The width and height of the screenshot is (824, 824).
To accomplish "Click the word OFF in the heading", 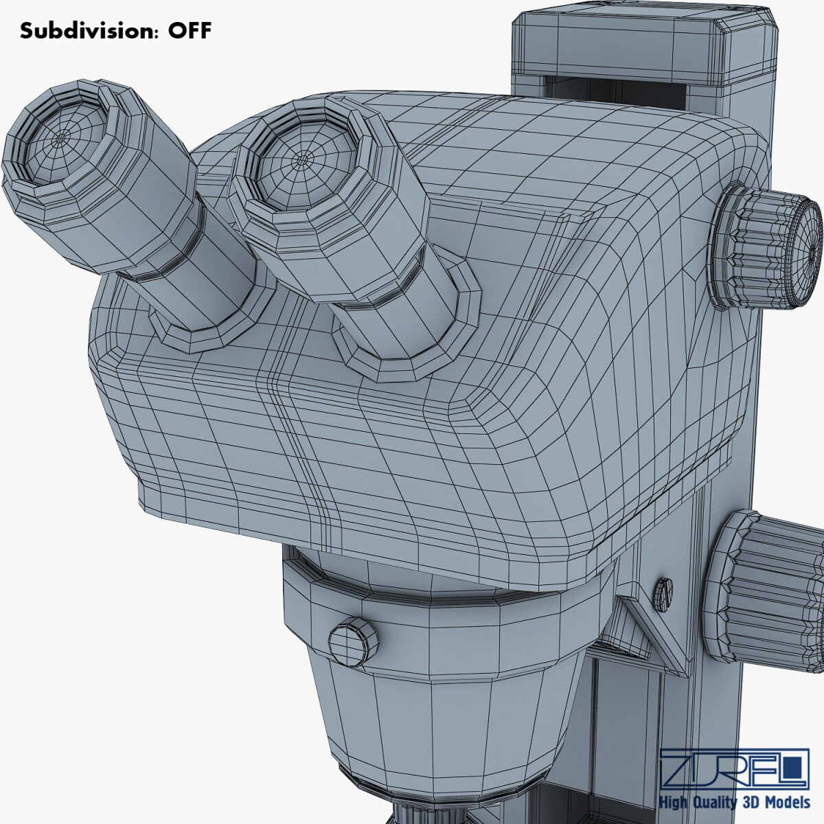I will (190, 31).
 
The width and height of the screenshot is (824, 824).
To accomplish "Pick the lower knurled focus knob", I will (769, 591).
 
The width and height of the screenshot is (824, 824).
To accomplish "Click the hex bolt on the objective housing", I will (354, 641).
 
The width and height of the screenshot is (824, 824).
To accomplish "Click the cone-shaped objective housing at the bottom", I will (446, 714).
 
